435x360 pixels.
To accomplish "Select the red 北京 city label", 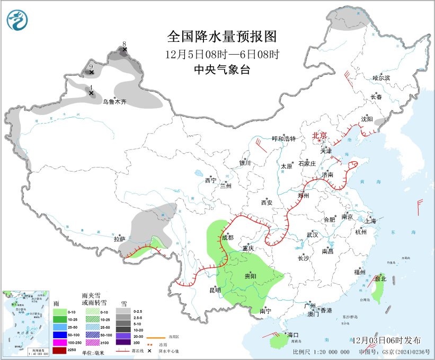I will point(319,135).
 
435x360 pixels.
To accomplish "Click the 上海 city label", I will point(370,221).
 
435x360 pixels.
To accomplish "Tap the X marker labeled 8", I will point(125,50).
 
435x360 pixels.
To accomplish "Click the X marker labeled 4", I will point(91,93).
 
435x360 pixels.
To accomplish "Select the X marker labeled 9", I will point(91,72).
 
